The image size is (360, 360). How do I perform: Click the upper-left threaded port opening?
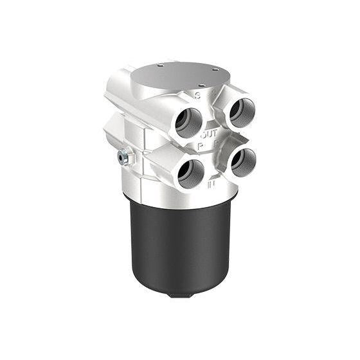point(189,122)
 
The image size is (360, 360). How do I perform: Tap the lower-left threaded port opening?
point(191,174)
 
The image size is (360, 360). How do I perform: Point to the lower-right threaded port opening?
point(244,162)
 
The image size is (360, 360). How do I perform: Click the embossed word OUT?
point(209,135)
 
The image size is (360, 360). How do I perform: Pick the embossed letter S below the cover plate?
point(198,96)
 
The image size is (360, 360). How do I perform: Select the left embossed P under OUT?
point(201,146)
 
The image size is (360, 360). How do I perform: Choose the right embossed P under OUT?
point(217,143)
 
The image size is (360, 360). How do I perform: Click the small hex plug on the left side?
point(123,156)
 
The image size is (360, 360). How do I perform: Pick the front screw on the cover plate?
point(202,85)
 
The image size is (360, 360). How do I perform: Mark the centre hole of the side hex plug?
point(123,156)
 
